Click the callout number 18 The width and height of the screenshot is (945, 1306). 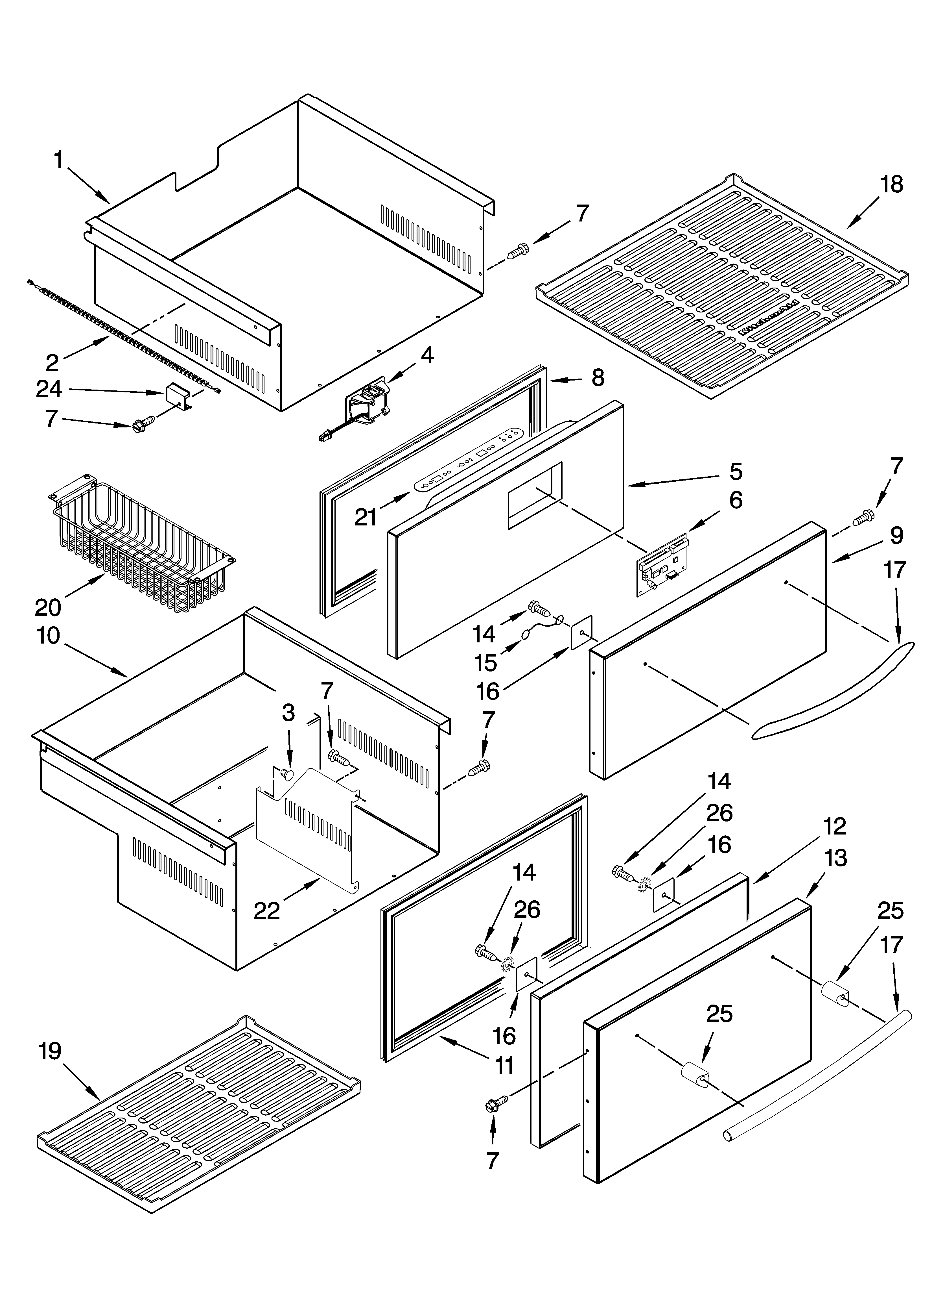(x=891, y=185)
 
